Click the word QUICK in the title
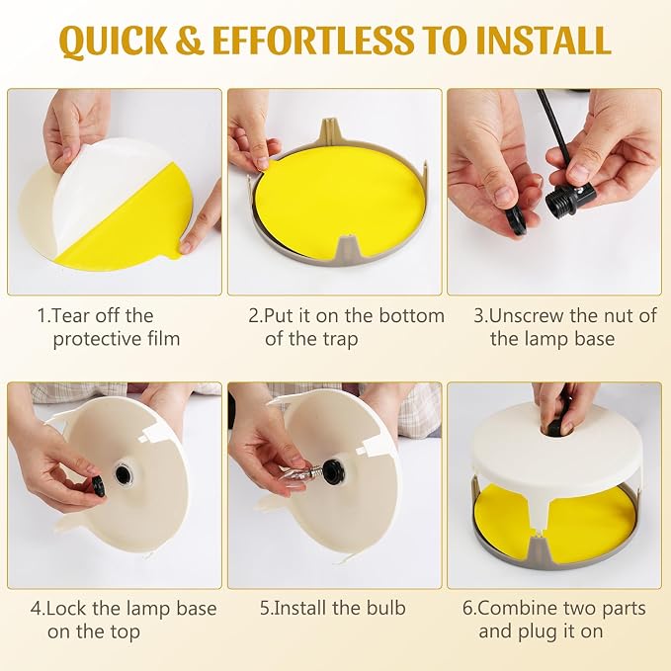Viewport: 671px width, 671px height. [114, 42]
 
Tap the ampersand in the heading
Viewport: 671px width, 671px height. [189, 41]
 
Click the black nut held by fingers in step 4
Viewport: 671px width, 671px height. [100, 486]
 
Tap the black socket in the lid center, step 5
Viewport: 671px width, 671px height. [334, 469]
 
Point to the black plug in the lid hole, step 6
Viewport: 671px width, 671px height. [554, 427]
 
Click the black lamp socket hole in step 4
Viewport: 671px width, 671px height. [123, 473]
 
